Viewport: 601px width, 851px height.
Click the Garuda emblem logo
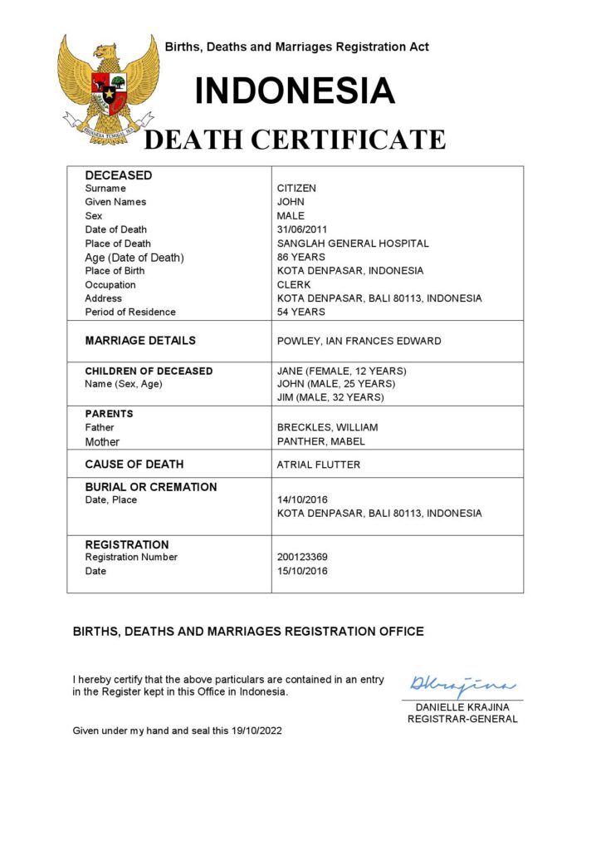point(109,88)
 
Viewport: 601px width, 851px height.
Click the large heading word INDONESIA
point(295,91)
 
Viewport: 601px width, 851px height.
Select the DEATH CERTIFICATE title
point(295,140)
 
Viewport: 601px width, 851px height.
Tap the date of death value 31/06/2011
point(301,229)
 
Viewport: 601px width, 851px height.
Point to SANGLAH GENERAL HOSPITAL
point(353,243)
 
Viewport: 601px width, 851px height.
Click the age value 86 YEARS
point(301,257)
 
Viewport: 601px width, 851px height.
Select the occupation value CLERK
point(294,284)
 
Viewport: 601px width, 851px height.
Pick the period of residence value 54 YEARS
point(301,312)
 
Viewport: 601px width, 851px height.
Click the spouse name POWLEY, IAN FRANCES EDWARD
point(359,341)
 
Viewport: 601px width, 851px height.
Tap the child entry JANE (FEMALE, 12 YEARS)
point(342,371)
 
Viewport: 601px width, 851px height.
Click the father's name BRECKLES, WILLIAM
point(327,428)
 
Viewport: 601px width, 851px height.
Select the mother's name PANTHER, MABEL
point(321,441)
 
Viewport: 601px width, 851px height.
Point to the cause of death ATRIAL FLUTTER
point(319,465)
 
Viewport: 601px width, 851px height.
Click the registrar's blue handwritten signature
point(462,686)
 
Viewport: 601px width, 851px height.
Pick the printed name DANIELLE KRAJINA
point(462,707)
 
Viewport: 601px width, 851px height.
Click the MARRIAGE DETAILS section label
point(140,341)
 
